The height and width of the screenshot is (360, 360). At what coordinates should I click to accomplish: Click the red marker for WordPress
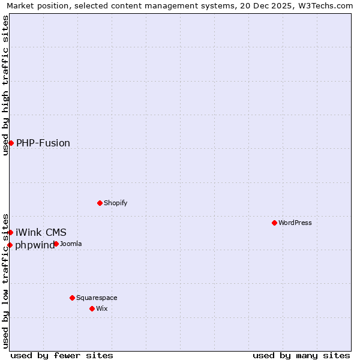(274, 223)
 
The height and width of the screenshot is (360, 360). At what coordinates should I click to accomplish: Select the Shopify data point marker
(100, 203)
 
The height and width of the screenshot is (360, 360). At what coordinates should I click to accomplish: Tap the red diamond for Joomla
(56, 244)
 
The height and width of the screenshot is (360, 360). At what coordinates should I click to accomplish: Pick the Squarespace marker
(72, 298)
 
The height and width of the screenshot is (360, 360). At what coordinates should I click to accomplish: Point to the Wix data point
(92, 308)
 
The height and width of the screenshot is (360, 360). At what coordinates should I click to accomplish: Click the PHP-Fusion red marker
(11, 143)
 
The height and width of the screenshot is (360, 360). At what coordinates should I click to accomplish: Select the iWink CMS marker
(10, 232)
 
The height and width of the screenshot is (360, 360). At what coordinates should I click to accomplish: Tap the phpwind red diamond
(10, 245)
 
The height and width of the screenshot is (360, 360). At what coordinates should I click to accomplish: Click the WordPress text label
(295, 223)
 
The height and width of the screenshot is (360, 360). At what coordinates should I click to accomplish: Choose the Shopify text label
(116, 203)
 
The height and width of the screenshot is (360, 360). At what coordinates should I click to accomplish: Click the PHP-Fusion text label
(43, 143)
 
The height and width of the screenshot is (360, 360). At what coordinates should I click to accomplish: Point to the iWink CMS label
(41, 232)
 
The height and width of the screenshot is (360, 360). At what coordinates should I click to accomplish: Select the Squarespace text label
(97, 298)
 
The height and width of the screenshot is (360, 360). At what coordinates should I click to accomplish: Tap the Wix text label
(102, 308)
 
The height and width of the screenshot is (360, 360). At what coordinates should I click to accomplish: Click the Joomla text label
(71, 244)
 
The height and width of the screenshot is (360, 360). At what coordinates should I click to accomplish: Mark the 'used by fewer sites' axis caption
(62, 355)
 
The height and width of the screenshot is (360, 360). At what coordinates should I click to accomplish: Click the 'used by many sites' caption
(301, 355)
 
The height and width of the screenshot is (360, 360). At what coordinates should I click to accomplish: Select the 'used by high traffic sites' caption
(5, 85)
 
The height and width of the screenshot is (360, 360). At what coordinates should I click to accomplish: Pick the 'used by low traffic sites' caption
(5, 280)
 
